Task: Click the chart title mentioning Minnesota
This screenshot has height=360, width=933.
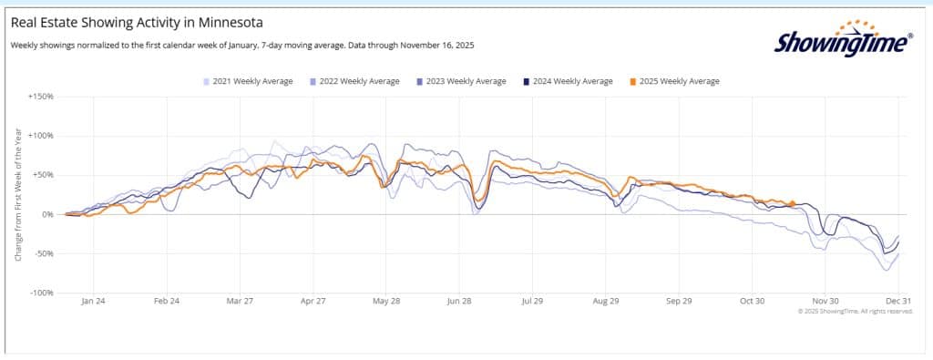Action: [137, 23]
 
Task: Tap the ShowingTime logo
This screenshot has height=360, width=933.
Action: [843, 39]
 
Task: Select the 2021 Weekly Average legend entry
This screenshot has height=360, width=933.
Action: [248, 81]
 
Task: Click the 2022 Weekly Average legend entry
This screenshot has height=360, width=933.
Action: [354, 81]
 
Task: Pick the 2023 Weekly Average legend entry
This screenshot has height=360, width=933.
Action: [461, 81]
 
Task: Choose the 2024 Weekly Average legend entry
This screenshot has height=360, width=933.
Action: [568, 81]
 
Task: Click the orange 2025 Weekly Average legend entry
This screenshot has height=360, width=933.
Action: [674, 81]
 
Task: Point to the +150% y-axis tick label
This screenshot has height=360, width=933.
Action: [41, 97]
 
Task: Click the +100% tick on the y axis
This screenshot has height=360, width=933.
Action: [41, 136]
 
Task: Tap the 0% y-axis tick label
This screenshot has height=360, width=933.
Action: [47, 214]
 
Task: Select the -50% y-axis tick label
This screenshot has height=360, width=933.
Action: [44, 253]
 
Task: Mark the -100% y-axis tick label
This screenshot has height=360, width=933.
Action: [42, 293]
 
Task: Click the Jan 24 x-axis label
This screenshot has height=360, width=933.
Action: [94, 301]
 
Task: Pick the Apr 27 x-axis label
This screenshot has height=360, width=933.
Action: [313, 301]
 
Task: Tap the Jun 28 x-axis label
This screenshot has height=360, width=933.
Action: [460, 301]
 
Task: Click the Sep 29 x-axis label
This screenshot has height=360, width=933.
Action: [679, 301]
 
